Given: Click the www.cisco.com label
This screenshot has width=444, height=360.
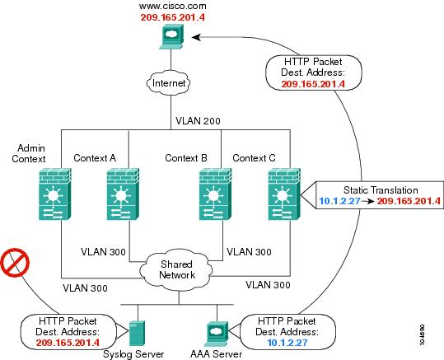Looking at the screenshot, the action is [172, 6].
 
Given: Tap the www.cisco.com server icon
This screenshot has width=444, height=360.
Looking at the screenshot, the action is [171, 37].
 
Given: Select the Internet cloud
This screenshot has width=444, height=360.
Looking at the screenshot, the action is [169, 83].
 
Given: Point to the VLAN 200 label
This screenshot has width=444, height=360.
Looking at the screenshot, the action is [198, 121].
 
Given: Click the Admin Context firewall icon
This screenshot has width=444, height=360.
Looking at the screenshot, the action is [54, 194].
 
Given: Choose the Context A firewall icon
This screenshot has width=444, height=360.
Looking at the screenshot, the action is [123, 194].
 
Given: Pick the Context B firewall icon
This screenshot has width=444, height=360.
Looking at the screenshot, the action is [216, 194].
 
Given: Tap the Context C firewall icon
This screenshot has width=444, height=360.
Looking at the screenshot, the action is [284, 194].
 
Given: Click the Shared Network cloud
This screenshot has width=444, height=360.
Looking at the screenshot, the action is [176, 270].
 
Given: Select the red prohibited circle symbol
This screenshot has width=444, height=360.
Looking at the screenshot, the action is [15, 263].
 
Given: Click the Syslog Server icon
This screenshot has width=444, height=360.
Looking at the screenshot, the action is [137, 334].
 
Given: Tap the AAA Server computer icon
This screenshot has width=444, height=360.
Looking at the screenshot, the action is [217, 334].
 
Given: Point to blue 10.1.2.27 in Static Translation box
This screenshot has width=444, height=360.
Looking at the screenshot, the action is [339, 201].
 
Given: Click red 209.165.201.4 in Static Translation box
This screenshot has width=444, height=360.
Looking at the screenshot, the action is [409, 201].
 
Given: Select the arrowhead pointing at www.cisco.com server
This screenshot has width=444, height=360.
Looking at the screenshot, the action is [196, 37].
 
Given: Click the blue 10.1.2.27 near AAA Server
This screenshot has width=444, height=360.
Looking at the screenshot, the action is [287, 343].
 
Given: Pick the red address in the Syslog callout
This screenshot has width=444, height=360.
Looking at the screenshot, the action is [68, 343].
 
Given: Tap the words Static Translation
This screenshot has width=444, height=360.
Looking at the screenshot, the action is [381, 189].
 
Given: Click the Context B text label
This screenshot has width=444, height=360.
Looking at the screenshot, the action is [186, 158].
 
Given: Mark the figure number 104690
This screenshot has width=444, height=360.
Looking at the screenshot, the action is [422, 334].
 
